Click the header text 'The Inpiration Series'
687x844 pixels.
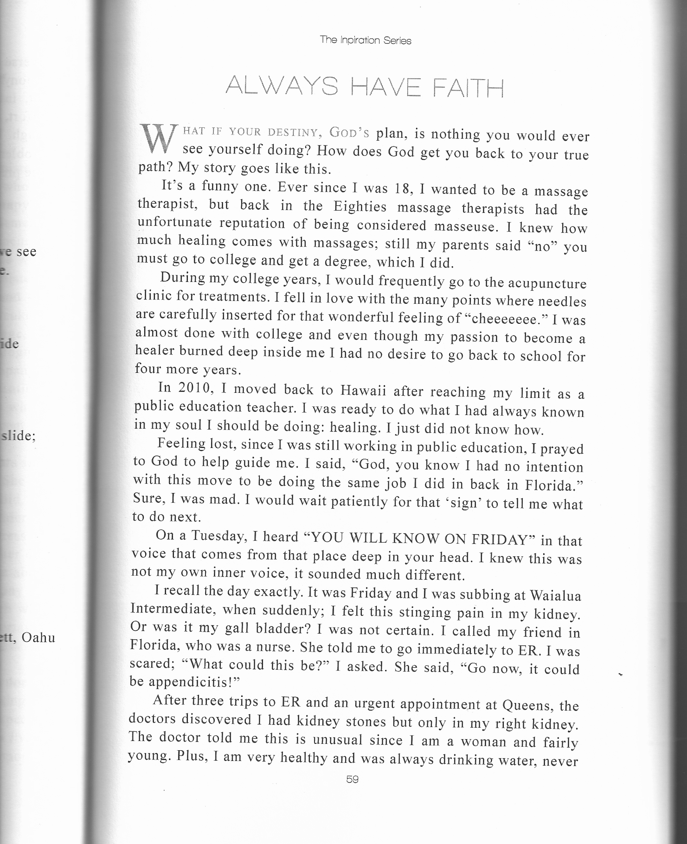pos(365,40)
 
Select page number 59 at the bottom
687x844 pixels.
pos(352,779)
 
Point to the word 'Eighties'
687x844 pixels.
pos(360,207)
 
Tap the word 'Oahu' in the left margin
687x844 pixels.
pos(38,638)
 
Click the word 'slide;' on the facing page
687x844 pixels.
pos(19,436)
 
